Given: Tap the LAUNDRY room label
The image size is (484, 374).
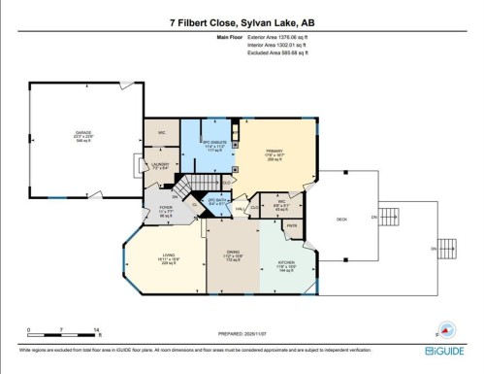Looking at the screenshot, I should tap(161, 165).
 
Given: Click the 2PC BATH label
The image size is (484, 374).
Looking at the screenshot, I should tap(216, 199).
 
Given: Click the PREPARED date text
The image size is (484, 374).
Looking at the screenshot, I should tap(242, 331).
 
